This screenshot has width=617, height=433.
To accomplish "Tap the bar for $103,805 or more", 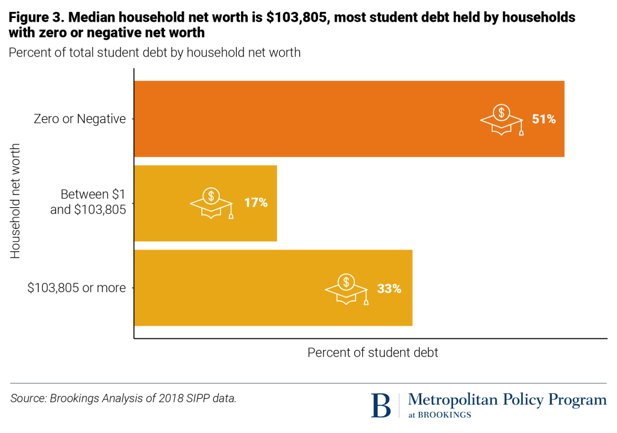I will [241, 287].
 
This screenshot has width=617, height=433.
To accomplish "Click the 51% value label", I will [543, 119].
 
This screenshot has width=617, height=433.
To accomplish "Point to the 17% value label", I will [255, 202].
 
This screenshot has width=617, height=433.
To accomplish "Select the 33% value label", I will [389, 288].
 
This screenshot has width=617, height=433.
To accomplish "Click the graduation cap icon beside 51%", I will [501, 118].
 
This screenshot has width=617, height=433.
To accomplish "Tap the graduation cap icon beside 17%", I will [211, 202].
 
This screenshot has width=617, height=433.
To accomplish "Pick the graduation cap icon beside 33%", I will [346, 288].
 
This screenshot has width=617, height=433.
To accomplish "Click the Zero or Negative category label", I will [80, 119].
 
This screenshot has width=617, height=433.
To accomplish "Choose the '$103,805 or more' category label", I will [77, 288].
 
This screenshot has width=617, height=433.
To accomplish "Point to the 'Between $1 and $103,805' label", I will [93, 203].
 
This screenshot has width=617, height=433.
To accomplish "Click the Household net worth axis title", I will [16, 201].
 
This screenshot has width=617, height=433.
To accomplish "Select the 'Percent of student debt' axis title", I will [373, 353].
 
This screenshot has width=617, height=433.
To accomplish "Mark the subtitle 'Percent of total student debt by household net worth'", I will [154, 52].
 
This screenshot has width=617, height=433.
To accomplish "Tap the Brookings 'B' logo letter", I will [381, 405].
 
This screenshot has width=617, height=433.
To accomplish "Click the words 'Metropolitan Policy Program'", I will [507, 400].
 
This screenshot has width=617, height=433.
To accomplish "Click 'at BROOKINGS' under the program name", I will [440, 414].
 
